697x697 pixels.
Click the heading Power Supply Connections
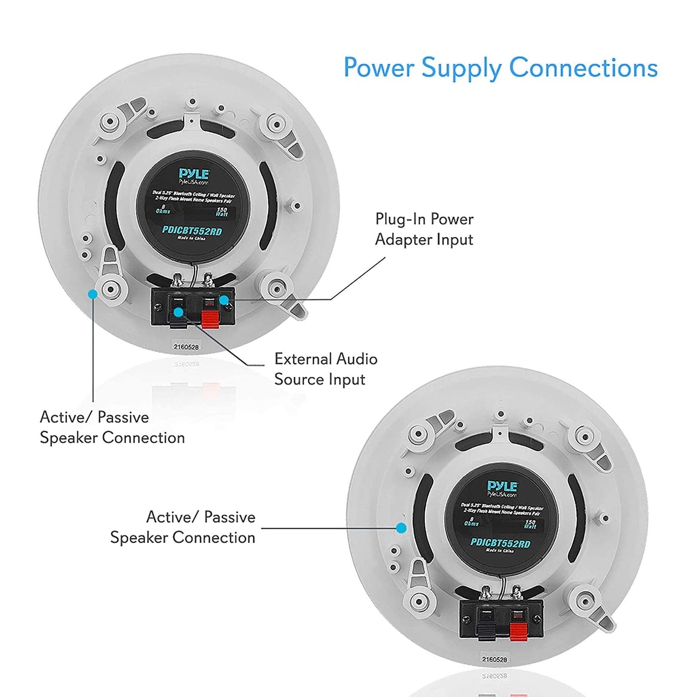500,68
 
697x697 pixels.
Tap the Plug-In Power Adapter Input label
424,229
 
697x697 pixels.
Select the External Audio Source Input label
326,369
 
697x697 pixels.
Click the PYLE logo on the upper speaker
193,174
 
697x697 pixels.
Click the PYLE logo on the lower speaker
502,486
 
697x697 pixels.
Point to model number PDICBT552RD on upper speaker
192,231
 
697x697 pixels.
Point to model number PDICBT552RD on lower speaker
500,543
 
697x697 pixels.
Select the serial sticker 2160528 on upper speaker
186,346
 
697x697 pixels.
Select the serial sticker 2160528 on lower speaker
494,659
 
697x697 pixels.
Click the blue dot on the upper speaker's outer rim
93,293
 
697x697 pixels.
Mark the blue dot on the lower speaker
401,528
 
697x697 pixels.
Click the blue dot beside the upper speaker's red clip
224,300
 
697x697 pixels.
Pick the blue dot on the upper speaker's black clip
178,312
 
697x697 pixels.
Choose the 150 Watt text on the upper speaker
221,212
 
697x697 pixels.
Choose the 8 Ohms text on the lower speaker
471,521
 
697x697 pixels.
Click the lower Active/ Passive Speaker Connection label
182,527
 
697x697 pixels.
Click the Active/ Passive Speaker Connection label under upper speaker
112,427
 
